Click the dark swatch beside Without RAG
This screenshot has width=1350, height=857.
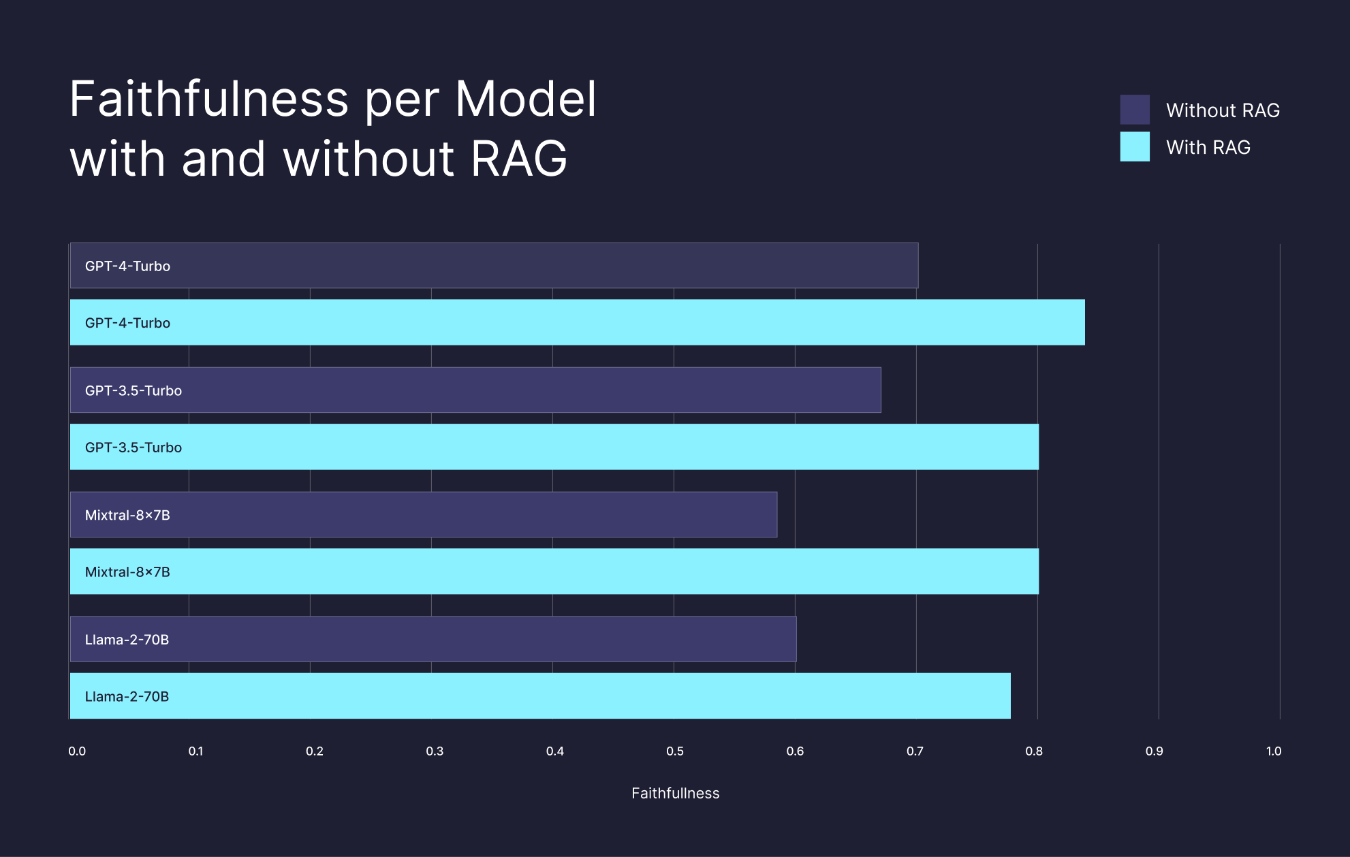point(1135,110)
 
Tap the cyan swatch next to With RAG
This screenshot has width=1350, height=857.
point(1135,146)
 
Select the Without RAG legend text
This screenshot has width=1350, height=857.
point(1223,110)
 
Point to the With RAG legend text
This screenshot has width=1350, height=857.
point(1208,147)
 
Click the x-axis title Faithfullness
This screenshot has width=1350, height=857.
point(675,793)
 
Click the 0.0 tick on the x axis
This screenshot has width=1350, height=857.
point(77,751)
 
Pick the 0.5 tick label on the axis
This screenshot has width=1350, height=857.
point(675,751)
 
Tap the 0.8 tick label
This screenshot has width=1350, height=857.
point(1034,751)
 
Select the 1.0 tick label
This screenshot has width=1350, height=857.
point(1274,751)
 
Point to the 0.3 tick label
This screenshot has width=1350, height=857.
point(435,751)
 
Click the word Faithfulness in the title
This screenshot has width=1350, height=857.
point(208,99)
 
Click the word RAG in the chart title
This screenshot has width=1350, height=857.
point(519,159)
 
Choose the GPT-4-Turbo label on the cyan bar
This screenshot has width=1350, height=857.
point(127,323)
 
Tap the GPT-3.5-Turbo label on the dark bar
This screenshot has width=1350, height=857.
point(134,390)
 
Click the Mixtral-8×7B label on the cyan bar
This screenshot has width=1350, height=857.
point(127,572)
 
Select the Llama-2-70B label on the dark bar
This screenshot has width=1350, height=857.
point(127,640)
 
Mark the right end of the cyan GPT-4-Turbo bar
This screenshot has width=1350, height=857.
point(1083,322)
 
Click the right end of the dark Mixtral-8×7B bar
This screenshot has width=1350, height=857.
point(775,514)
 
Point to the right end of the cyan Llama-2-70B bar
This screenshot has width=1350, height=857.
point(1009,696)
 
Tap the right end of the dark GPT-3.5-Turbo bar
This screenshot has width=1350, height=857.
point(879,390)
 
